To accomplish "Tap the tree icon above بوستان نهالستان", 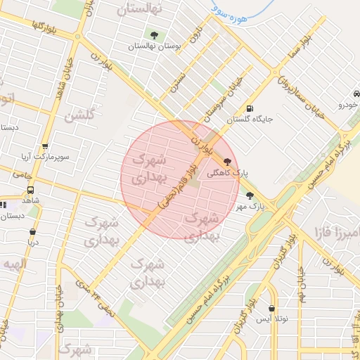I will coord(154,35).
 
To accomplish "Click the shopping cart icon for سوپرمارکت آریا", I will coord(46,147).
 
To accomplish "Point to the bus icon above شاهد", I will coord(30,190).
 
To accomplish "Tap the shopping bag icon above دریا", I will coord(32,232).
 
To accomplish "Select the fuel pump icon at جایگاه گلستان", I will coord(251,108).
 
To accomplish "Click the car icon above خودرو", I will coord(356,95).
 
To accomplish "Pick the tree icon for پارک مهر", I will coord(250,195).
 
